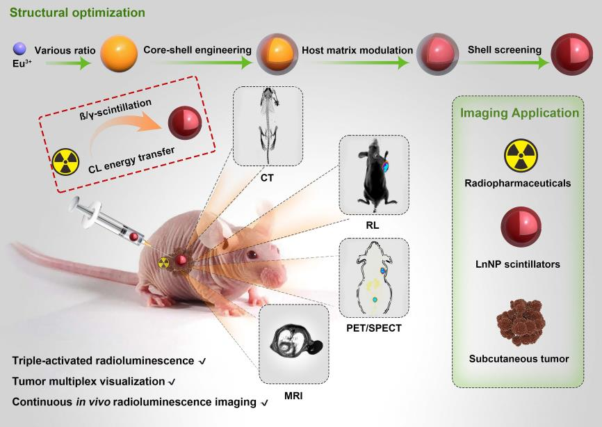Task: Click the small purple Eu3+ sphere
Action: coord(19,48)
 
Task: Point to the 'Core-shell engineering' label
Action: coord(197,50)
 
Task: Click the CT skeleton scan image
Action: coord(267,125)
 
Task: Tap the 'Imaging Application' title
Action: coord(520,113)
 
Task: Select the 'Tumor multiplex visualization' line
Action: coord(88,381)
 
